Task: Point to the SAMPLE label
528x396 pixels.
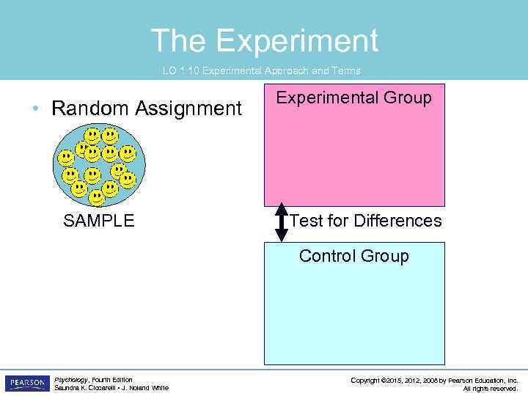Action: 99,221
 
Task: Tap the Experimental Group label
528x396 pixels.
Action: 353,98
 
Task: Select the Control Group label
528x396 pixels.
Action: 353,256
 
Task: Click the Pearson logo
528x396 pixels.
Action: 26,384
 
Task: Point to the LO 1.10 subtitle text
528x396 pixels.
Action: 261,71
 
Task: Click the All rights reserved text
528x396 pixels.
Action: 491,389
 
